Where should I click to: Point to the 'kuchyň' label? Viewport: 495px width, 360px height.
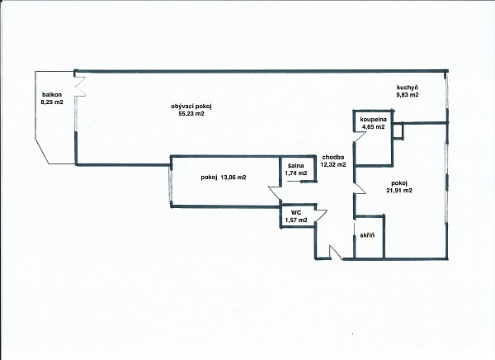point(408,88)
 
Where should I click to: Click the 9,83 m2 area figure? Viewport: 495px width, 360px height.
point(408,96)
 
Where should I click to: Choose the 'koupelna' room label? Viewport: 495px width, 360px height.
point(372,120)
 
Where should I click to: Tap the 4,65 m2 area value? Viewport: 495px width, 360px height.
point(372,127)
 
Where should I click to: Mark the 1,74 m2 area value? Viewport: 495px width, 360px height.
point(295,173)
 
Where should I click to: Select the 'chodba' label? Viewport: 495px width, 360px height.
point(333,157)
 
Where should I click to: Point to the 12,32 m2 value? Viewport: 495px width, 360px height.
point(333,165)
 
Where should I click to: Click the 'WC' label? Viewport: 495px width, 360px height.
point(295,212)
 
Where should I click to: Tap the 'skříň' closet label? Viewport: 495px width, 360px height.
point(368,236)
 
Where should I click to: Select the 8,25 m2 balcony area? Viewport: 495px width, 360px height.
point(54,104)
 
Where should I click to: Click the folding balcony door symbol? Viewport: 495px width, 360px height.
point(80,85)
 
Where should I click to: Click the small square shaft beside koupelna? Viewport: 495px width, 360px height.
point(398,130)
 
